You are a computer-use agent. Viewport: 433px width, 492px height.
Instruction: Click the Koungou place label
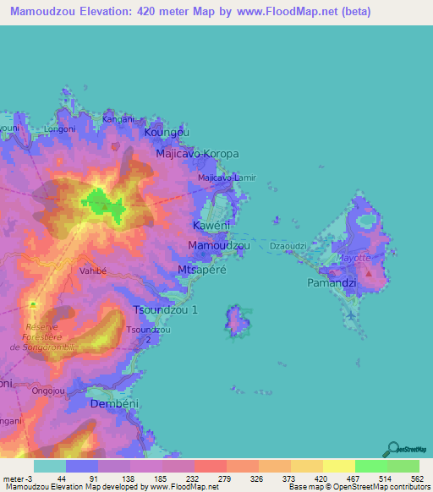(x=167, y=134)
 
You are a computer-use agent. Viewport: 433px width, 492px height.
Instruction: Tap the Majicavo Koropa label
(x=198, y=155)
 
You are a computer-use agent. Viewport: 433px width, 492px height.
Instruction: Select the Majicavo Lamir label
(x=226, y=178)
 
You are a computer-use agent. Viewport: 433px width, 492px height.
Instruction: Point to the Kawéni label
(x=211, y=227)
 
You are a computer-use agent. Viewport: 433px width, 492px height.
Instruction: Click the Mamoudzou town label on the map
(x=218, y=245)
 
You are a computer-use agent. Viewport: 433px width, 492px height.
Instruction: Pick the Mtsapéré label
(x=200, y=269)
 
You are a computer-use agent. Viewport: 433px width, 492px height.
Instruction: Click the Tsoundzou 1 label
(x=166, y=310)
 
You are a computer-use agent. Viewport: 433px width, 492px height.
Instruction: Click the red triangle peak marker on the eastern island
(x=368, y=273)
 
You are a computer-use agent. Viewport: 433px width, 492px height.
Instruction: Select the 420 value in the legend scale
(x=321, y=455)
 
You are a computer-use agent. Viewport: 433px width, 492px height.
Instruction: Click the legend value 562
(x=418, y=455)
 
